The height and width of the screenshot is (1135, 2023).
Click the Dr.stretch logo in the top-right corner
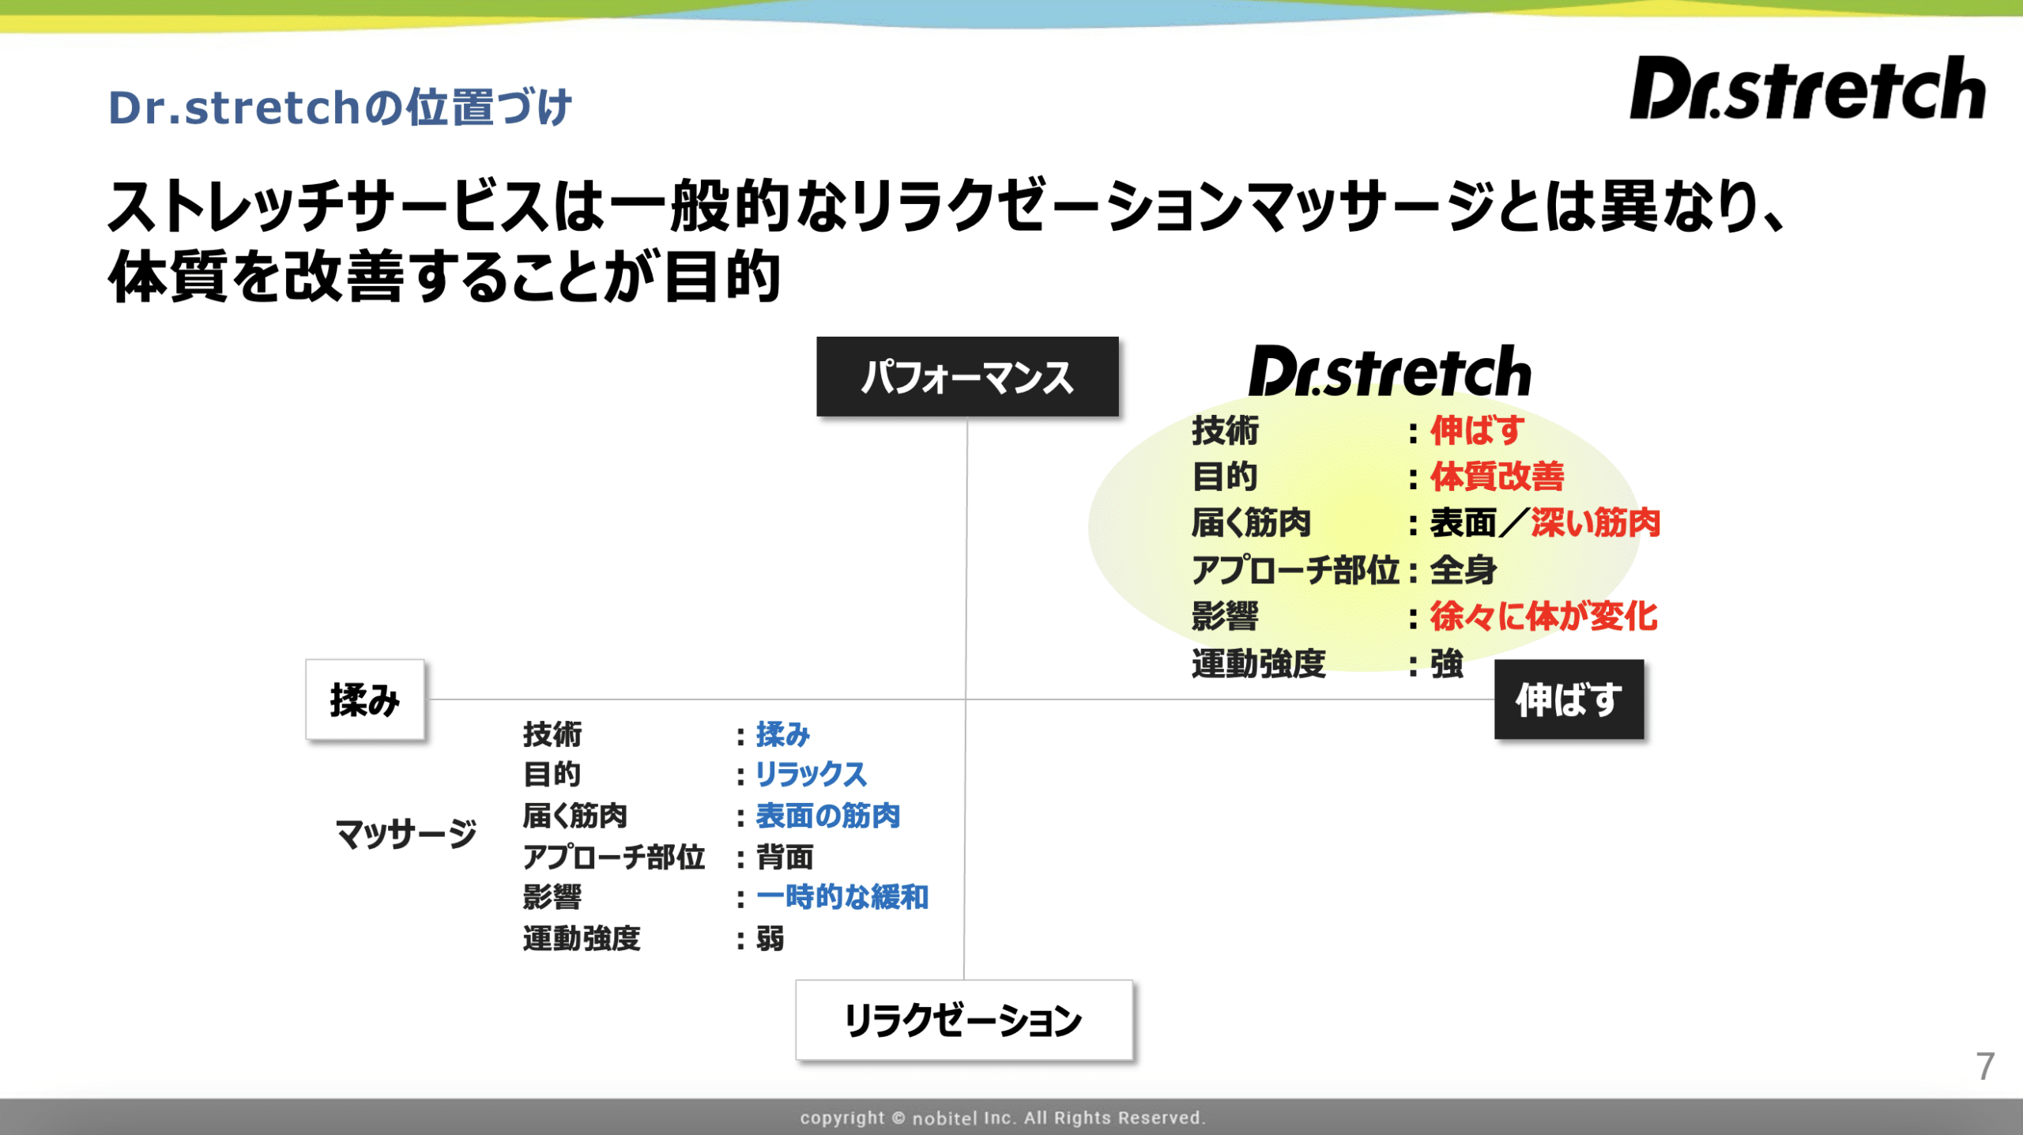(x=1807, y=88)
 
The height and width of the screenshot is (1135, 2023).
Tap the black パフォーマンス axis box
(x=967, y=376)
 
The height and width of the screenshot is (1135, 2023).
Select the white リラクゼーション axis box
(x=964, y=1020)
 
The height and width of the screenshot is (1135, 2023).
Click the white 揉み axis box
(x=365, y=699)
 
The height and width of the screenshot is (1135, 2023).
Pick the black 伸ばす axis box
(x=1569, y=699)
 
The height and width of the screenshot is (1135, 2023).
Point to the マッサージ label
(x=406, y=833)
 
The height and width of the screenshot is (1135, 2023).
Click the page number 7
(x=1985, y=1066)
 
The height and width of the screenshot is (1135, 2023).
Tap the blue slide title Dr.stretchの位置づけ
(x=340, y=107)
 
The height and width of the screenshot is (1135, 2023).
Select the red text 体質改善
(x=1497, y=477)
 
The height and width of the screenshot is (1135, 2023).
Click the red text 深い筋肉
(x=1595, y=522)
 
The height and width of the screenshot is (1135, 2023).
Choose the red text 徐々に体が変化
(x=1543, y=616)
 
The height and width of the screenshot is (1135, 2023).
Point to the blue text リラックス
(x=811, y=774)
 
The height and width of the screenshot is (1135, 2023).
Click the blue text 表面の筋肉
(x=828, y=816)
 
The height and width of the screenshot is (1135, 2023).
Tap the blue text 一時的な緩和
(x=842, y=897)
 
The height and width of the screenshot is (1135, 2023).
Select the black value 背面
(x=785, y=857)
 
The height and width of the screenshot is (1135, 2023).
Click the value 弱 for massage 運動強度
(x=770, y=939)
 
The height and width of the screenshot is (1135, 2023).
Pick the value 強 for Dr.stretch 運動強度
(x=1447, y=663)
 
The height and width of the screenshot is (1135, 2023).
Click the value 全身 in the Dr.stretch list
(x=1464, y=570)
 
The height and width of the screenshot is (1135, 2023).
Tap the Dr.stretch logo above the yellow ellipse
(x=1389, y=371)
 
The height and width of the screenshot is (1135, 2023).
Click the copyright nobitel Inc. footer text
(x=1003, y=1118)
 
